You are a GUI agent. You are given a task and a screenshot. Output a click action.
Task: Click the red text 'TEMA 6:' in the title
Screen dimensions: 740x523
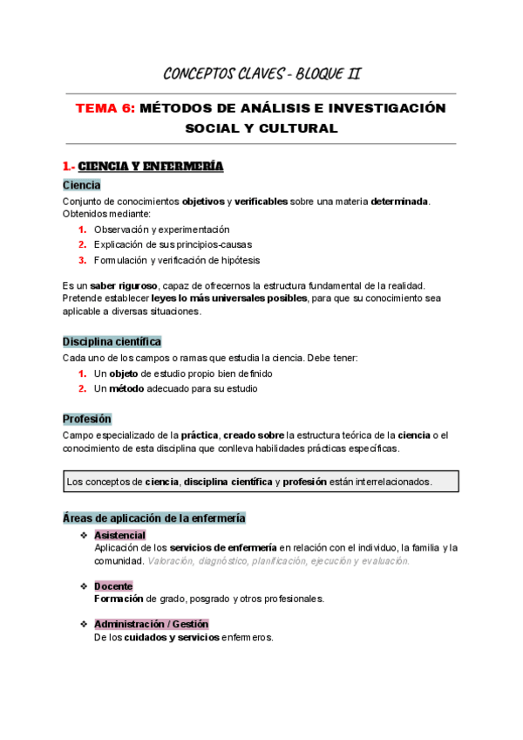point(105,108)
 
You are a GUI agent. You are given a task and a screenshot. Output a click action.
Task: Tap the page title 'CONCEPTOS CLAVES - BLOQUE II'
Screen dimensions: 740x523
point(261,73)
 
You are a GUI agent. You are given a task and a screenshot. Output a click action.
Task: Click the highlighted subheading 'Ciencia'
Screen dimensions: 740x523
point(81,185)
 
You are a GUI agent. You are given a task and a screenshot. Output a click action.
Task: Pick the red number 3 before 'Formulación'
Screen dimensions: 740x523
point(82,260)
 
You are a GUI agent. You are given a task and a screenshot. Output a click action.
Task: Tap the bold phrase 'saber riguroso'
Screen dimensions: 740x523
point(121,285)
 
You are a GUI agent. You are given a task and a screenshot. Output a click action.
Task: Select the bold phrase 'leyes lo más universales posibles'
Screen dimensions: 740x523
point(228,298)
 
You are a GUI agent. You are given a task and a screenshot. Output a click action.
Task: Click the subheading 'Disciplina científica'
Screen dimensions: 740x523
point(112,342)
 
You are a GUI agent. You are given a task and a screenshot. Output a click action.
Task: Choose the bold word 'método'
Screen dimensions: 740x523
point(126,388)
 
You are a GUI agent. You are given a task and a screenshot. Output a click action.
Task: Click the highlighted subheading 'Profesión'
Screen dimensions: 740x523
point(87,419)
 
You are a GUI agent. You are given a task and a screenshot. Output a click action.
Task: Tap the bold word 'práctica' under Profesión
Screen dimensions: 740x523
point(200,435)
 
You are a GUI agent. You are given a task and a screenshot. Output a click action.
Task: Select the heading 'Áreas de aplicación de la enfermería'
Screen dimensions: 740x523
point(153,518)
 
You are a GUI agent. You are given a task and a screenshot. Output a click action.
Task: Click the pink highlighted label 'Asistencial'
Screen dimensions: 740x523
point(119,535)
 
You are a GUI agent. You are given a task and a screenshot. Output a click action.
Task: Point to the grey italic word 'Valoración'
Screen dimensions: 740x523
point(172,561)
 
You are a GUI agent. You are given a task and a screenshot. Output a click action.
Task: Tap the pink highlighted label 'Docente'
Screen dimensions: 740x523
point(113,586)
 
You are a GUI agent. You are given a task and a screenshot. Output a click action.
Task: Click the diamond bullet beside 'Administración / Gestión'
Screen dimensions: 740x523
point(83,625)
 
